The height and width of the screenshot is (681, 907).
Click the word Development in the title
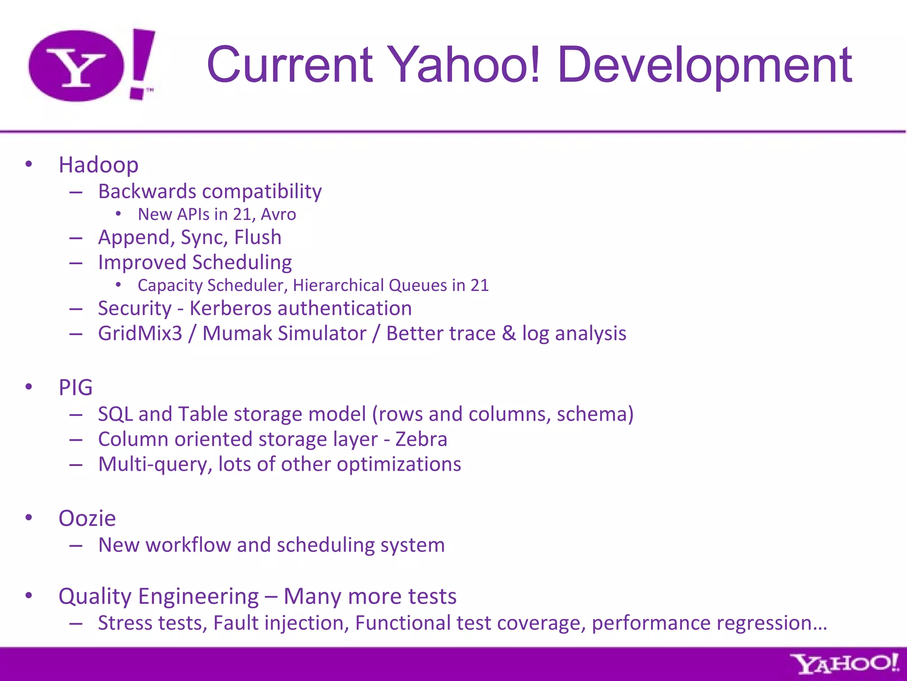click(704, 65)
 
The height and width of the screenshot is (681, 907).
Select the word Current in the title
click(290, 65)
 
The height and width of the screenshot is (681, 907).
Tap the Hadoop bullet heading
click(98, 165)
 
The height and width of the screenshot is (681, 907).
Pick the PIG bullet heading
click(76, 387)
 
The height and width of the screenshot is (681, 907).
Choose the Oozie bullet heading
click(87, 518)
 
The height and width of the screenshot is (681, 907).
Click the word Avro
click(278, 215)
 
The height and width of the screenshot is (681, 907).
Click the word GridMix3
click(140, 333)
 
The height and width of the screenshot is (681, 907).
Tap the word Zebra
click(421, 439)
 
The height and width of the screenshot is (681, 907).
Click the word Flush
click(258, 237)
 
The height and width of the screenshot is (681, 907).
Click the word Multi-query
click(155, 465)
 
